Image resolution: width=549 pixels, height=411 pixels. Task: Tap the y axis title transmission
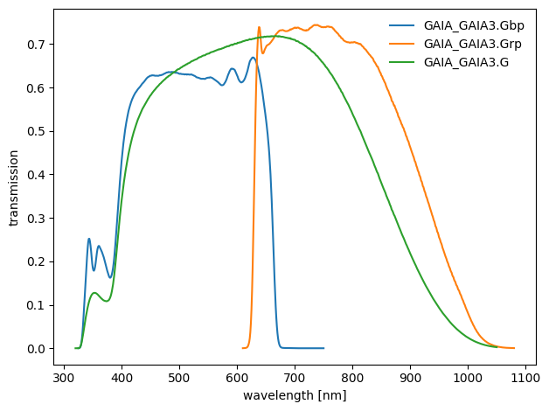(14, 187)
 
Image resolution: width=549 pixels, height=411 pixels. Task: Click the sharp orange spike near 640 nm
(259, 27)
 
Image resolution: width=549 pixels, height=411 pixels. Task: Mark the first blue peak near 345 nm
(89, 239)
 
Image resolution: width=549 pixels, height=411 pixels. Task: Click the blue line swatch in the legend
(402, 25)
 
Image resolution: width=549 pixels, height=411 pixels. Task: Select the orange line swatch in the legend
(402, 44)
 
